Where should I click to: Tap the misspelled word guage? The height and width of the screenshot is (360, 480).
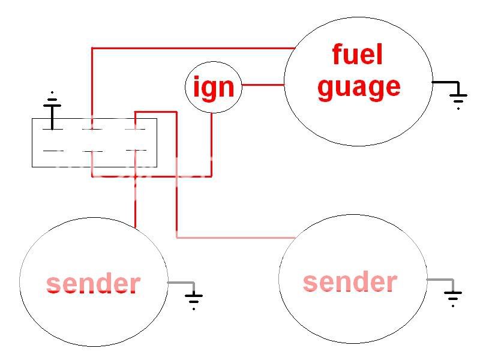[359, 88]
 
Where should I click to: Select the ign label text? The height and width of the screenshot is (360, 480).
[213, 88]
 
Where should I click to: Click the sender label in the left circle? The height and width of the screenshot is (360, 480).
[93, 284]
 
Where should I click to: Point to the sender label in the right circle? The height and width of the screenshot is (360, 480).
[350, 281]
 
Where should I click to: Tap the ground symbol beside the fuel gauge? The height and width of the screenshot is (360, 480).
[458, 96]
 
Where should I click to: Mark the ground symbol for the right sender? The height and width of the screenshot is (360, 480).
[454, 295]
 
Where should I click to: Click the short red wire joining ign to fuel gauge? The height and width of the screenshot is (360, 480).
[263, 85]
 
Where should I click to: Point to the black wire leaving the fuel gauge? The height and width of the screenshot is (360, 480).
[444, 82]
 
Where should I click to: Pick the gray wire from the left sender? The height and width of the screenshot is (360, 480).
[180, 282]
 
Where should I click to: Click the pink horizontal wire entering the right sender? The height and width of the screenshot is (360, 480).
[234, 238]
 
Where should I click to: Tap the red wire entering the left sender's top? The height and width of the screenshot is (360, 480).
[136, 204]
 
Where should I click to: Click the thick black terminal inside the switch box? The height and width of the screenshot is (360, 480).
[52, 120]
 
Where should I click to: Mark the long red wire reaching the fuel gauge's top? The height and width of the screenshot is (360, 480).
[192, 48]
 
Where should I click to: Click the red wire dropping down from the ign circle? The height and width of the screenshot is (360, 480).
[211, 144]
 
